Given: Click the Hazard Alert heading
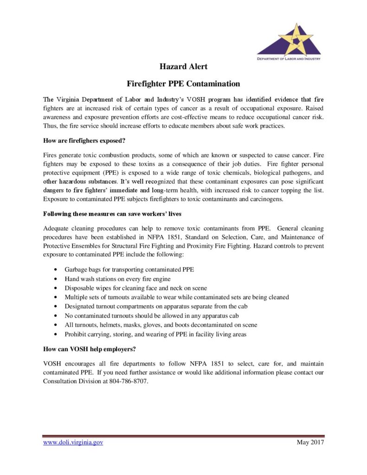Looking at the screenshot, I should coord(183,66).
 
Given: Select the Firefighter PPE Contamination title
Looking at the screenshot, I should coord(183,84).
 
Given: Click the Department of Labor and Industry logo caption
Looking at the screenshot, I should coord(289,59).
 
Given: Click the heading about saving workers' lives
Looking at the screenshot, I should coord(112,215).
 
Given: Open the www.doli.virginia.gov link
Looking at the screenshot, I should coord(73,443).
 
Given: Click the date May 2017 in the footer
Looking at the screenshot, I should coord(310,443).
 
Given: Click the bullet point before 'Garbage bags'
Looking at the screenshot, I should coord(56,270).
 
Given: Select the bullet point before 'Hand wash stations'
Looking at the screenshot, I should coord(56,279).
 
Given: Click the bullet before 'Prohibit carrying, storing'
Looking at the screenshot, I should coord(56,334).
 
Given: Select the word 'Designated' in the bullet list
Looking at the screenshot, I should coord(80,307).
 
